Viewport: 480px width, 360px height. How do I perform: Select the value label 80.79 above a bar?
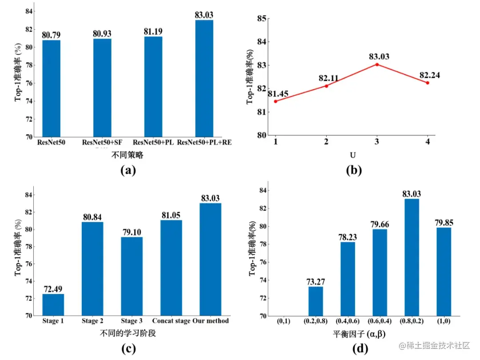pyautogui.click(x=51, y=34)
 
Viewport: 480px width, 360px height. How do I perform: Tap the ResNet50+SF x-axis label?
pyautogui.click(x=102, y=142)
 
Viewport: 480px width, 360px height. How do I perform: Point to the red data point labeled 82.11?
pyautogui.click(x=326, y=86)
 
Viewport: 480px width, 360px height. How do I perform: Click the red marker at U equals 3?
pyautogui.click(x=377, y=64)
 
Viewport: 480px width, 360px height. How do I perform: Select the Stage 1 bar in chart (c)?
pyautogui.click(x=53, y=304)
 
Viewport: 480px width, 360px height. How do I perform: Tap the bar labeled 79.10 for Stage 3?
pyautogui.click(x=132, y=276)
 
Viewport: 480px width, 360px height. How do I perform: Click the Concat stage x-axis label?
pyautogui.click(x=171, y=320)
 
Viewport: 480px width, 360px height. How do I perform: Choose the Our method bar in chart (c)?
pyautogui.click(x=210, y=259)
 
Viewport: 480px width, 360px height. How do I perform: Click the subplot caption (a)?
pyautogui.click(x=128, y=170)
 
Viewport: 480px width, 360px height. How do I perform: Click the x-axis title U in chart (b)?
pyautogui.click(x=352, y=155)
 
